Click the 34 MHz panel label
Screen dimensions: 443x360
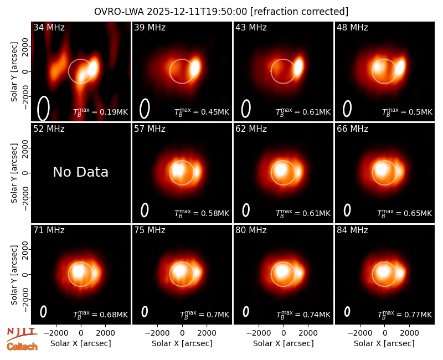pos(49,27)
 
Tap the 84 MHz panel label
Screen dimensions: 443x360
pos(352,230)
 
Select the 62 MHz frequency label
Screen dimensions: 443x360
pos(251,129)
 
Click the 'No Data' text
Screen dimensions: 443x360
pos(81,172)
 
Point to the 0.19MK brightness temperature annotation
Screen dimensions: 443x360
pos(101,112)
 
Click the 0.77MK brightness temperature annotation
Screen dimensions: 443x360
pos(405,315)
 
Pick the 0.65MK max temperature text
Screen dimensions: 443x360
pos(405,213)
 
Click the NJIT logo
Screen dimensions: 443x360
pos(22,333)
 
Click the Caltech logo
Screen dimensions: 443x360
pos(22,347)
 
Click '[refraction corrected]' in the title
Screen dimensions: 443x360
pos(300,12)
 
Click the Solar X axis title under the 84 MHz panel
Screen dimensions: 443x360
pos(384,343)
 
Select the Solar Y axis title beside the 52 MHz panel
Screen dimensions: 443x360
pos(14,173)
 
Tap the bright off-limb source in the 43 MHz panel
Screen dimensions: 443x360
pos(298,67)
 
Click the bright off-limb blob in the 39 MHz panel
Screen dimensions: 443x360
pos(195,67)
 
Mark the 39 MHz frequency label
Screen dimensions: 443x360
pos(150,27)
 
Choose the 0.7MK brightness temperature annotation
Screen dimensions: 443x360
pos(204,315)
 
